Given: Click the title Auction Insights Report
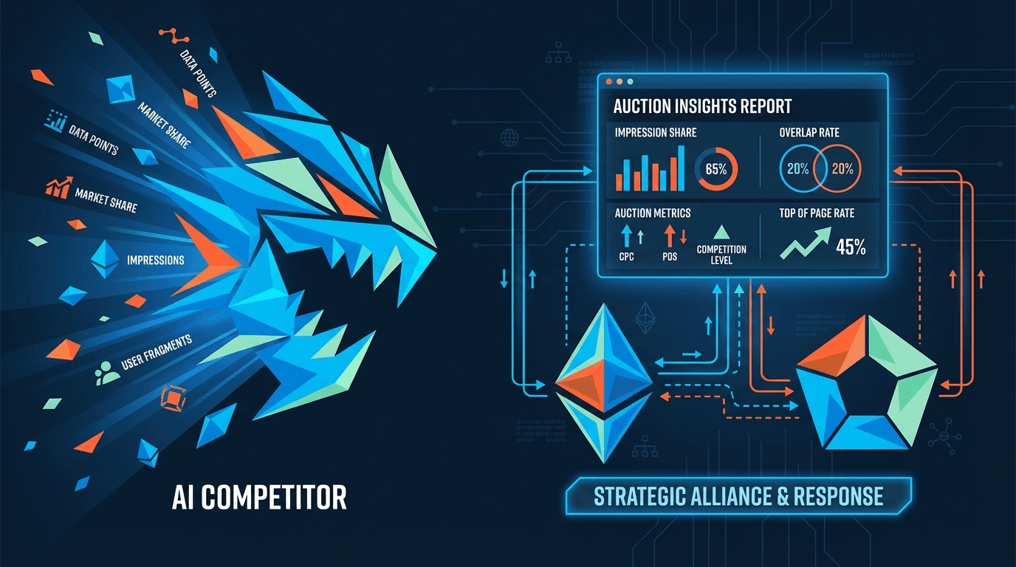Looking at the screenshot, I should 702,106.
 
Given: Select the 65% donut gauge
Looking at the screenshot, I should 715,169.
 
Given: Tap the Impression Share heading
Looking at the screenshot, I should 655,133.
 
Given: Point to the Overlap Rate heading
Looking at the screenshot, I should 809,133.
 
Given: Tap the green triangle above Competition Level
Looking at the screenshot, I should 721,232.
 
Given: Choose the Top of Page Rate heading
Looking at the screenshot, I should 817,213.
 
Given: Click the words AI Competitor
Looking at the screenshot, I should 259,498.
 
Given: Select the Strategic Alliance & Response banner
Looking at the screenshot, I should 738,496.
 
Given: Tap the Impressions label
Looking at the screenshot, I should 155,261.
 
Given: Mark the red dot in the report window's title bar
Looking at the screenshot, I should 608,80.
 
